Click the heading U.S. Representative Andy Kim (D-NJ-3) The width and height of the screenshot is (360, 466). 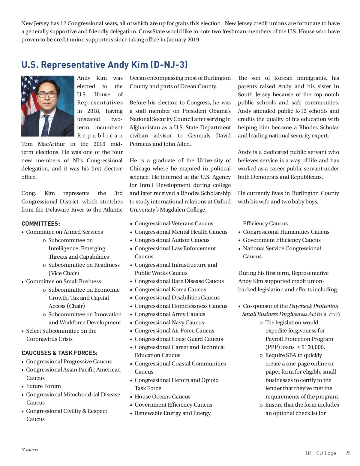104,65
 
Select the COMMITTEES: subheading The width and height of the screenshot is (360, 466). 41,224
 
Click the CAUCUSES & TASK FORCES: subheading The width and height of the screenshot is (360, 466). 59,353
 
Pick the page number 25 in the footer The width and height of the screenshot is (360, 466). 348,453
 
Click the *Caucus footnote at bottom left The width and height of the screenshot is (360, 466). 30,450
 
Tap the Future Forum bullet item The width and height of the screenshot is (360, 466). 43,386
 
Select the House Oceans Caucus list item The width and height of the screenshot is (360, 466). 162,397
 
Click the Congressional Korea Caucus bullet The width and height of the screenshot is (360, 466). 170,290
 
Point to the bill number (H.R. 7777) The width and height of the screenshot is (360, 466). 328,314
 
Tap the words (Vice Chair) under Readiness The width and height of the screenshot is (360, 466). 64,273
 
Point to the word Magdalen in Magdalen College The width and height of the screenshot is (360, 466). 170,210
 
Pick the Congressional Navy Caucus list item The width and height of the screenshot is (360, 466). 169,323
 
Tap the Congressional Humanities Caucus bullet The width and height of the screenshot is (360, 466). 286,232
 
